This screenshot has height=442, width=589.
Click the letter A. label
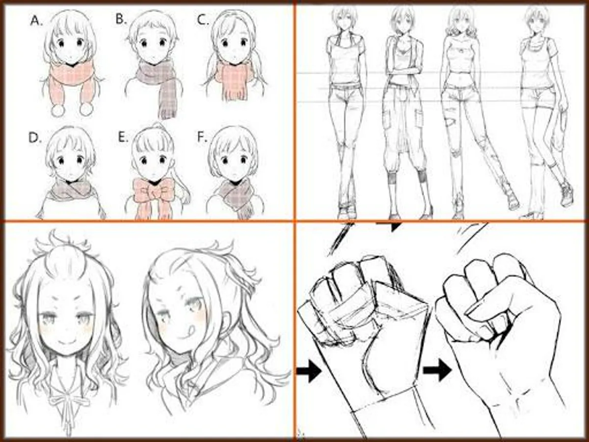pos(37,21)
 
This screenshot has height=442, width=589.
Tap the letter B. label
pos(121,19)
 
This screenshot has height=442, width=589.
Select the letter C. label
pos(203,20)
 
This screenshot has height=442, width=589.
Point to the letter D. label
pos(35,138)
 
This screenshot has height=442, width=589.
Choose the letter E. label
pos(123,137)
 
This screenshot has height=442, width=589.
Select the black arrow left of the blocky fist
pos(309,371)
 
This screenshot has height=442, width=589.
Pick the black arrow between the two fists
pos(437,370)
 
